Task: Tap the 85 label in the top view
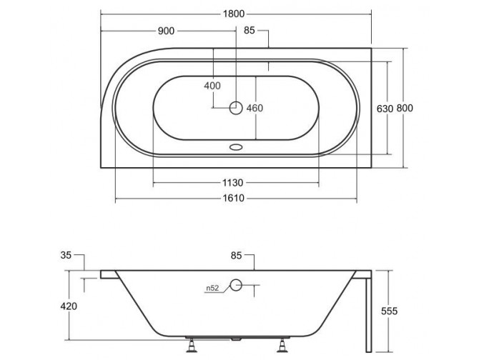click(x=250, y=31)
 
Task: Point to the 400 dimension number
click(x=212, y=86)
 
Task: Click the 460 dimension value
click(x=255, y=109)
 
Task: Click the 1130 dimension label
click(x=236, y=182)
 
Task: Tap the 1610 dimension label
click(x=236, y=198)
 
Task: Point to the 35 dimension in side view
click(x=66, y=254)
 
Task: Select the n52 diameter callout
click(x=212, y=288)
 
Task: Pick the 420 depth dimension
click(x=68, y=306)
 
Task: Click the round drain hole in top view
click(x=236, y=109)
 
